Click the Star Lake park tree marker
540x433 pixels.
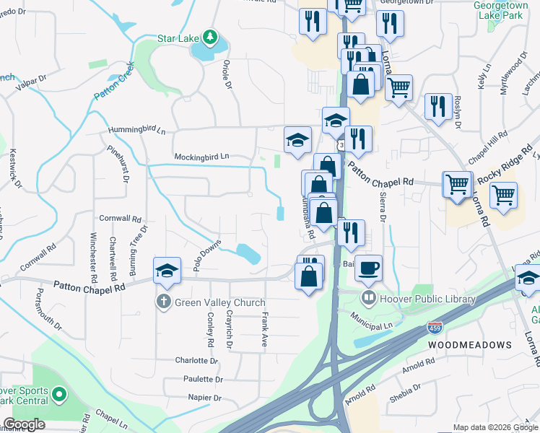[x=209, y=36]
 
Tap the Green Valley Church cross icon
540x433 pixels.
[x=165, y=302]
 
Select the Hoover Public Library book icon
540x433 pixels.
[x=369, y=298]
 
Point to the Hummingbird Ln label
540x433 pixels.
[x=136, y=131]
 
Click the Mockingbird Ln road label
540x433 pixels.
[x=201, y=156]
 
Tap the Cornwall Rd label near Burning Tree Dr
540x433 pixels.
[x=120, y=218]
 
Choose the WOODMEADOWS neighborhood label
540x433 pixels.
[x=470, y=345]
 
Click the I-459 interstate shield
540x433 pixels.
[x=435, y=328]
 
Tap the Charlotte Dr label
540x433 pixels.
[x=196, y=360]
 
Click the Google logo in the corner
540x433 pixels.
[x=24, y=424]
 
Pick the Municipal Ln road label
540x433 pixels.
[x=371, y=316]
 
